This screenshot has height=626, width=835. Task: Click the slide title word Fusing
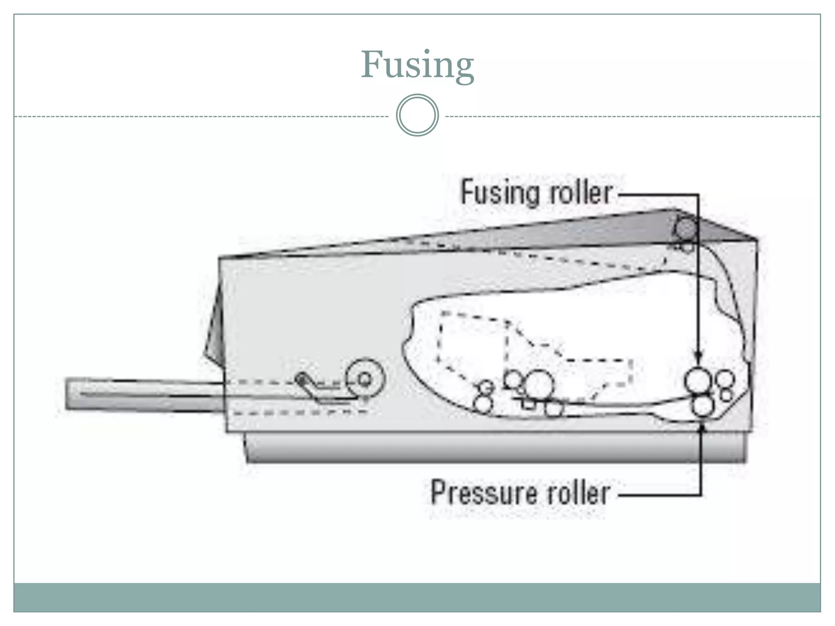point(417,65)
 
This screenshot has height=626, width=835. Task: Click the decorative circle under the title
point(417,115)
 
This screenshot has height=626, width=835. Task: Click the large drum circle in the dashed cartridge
point(539,385)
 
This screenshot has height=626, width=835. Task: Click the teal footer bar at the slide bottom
point(417,597)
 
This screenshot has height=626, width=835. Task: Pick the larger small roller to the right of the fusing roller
point(725,379)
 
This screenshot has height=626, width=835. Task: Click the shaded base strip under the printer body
point(495,447)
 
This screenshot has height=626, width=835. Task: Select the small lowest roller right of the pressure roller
point(726,395)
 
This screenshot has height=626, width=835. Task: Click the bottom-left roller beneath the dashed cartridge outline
point(483,404)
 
